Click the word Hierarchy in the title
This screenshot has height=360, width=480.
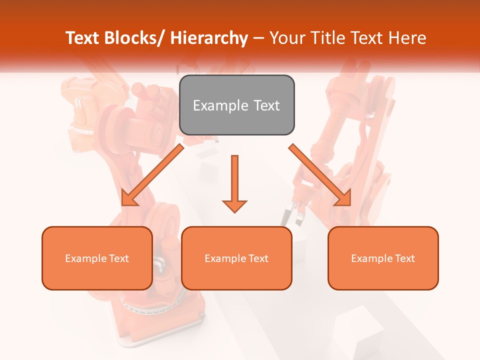point(209,38)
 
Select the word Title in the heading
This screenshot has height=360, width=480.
point(328,38)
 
